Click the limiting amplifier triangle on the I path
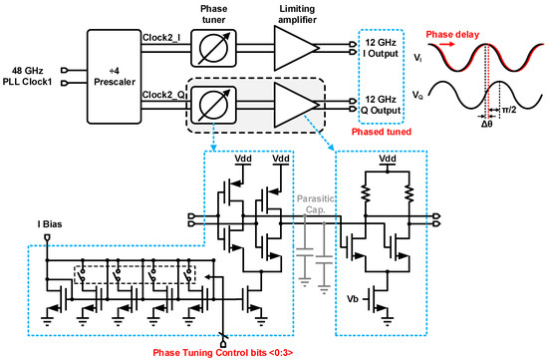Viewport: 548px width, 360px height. pos(295,48)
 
